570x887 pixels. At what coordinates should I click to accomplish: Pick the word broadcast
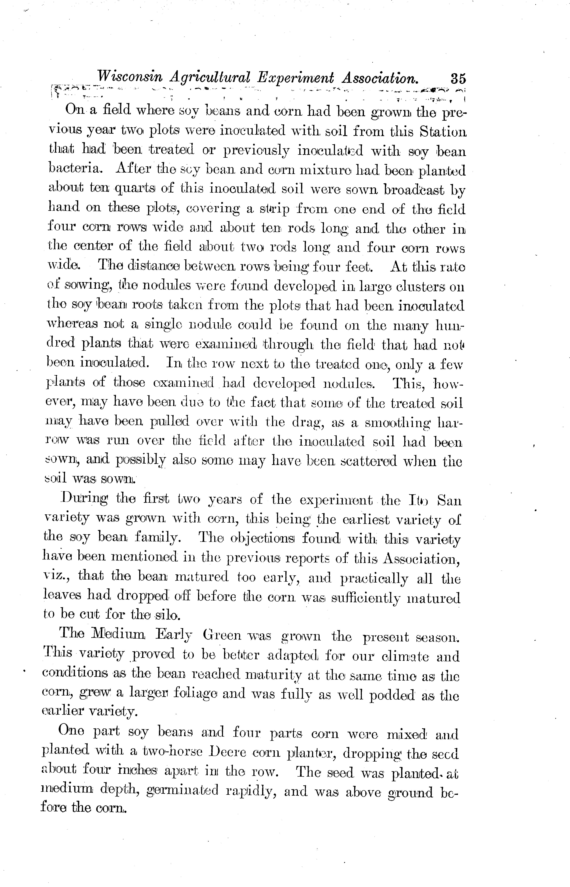click(413, 189)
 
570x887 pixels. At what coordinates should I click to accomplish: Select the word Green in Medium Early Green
click(222, 636)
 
